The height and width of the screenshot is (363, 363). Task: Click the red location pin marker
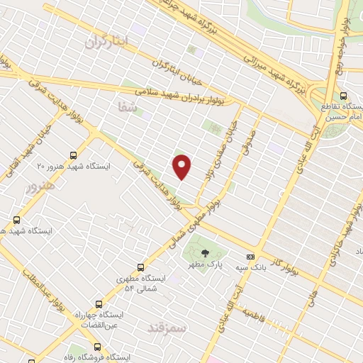(x=182, y=167)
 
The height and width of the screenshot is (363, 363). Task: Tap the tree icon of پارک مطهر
(x=204, y=252)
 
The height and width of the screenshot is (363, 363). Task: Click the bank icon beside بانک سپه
(x=250, y=257)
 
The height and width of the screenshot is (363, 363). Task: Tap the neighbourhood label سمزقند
(x=165, y=328)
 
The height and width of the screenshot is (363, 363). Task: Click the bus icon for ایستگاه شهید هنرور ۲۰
(x=74, y=155)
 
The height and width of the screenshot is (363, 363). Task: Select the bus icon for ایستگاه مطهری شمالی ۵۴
(x=140, y=267)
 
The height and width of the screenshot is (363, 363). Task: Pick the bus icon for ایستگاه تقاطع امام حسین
(x=343, y=96)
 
